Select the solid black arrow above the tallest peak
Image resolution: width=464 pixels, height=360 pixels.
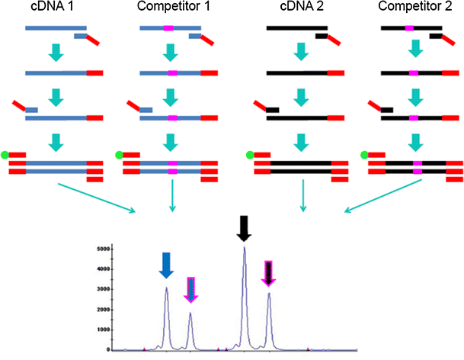pos(244,227)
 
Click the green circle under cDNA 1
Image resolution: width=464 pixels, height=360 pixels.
pos(5,155)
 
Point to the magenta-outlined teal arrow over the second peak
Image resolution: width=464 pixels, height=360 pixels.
pos(190,289)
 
